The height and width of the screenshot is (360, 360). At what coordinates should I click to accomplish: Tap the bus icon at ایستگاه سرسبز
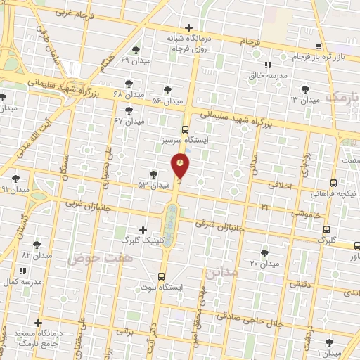click(x=185, y=129)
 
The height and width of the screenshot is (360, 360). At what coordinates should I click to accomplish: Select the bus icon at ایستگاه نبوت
click(x=162, y=276)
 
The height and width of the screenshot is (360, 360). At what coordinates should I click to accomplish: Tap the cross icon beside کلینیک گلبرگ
click(x=143, y=230)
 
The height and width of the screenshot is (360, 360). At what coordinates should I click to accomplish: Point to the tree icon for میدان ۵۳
click(x=153, y=174)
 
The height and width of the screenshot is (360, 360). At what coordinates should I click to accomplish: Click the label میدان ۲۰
click(x=264, y=264)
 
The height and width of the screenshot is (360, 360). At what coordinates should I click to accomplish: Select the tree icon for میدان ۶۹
click(x=136, y=50)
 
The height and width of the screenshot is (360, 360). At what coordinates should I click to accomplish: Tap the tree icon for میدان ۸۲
click(x=37, y=245)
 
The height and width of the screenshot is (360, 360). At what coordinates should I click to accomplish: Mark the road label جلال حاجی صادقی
click(x=250, y=321)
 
